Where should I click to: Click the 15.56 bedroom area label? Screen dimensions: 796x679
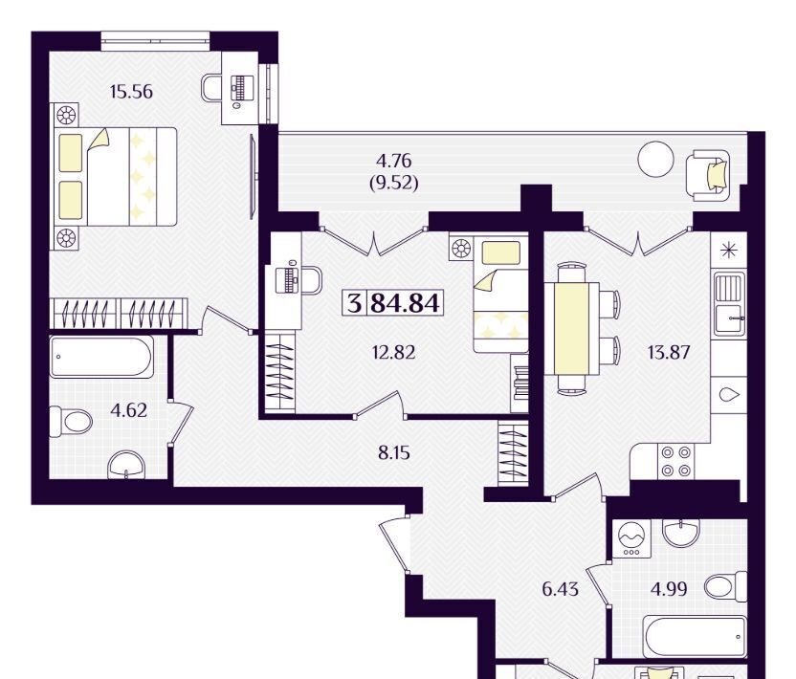pyautogui.click(x=131, y=92)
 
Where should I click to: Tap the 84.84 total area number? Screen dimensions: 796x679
pyautogui.click(x=405, y=303)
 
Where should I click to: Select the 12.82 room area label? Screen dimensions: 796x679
pyautogui.click(x=393, y=352)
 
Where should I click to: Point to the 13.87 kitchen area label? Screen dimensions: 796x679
pyautogui.click(x=669, y=352)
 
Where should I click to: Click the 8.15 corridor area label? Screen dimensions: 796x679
pyautogui.click(x=394, y=452)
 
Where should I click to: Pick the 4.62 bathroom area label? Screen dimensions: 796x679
pyautogui.click(x=129, y=410)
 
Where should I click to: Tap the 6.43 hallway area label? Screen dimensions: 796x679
pyautogui.click(x=560, y=589)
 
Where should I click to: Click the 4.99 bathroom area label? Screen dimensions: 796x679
pyautogui.click(x=669, y=589)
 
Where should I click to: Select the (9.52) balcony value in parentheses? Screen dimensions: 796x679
pyautogui.click(x=394, y=183)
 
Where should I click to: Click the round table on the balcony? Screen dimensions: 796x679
pyautogui.click(x=655, y=160)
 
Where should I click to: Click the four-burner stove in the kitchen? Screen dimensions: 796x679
pyautogui.click(x=675, y=461)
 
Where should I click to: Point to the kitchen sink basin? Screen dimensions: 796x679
pyautogui.click(x=729, y=306)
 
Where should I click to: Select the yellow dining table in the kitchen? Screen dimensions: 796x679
pyautogui.click(x=571, y=329)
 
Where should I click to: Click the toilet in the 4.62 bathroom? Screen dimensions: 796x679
pyautogui.click(x=71, y=421)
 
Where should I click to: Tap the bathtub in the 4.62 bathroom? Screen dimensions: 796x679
pyautogui.click(x=101, y=357)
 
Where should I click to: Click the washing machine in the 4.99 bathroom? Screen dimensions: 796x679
pyautogui.click(x=631, y=538)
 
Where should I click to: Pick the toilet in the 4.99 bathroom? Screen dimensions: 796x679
pyautogui.click(x=726, y=587)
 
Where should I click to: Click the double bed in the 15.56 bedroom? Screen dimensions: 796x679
pyautogui.click(x=116, y=177)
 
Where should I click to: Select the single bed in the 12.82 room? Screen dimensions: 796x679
pyautogui.click(x=500, y=295)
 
